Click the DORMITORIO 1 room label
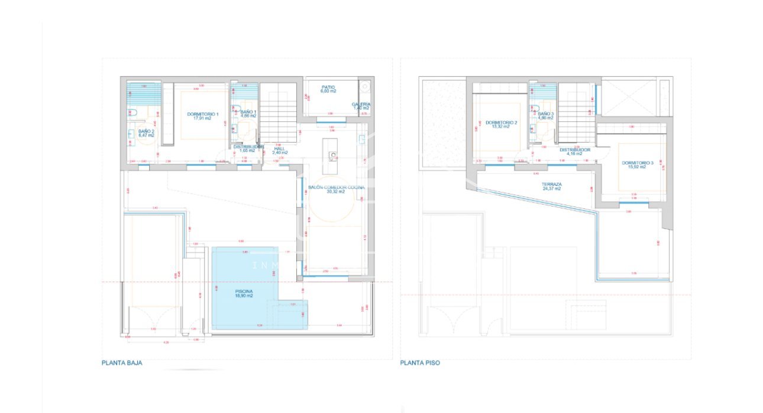point(203,114)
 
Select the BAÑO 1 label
point(248,112)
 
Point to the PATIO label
point(328,87)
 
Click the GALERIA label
point(361,104)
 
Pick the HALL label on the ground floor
point(279,149)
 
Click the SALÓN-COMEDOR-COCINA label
point(336,187)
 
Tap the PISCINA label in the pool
point(244,292)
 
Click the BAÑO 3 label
point(545,114)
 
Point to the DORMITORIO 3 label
point(637,163)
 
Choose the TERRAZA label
point(551,185)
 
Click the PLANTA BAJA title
point(122,363)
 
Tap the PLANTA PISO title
point(420,363)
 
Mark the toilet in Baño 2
point(132,112)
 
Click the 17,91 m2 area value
point(203,118)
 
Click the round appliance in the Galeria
point(366,87)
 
